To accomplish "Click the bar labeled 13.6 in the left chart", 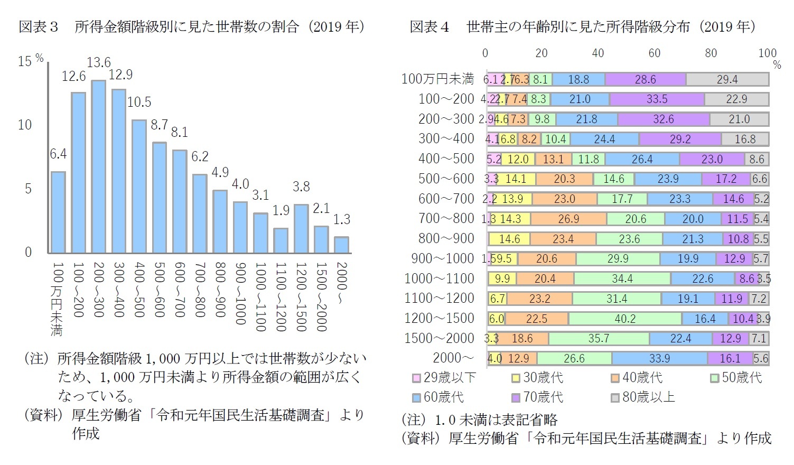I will point(98,166).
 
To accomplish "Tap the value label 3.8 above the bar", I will point(301,187).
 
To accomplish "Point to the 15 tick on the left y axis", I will point(25,62).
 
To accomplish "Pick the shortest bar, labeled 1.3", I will point(341,245).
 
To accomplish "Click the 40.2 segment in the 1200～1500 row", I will point(625,319).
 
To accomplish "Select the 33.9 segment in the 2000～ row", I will point(659,358).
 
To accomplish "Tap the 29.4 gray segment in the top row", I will point(727,79).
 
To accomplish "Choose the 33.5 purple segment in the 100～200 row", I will point(657,99).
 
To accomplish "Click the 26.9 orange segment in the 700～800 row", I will point(568,219).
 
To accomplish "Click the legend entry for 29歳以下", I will point(444,378).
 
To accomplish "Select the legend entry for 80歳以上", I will point(643,397).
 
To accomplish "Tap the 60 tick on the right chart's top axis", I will point(654,53).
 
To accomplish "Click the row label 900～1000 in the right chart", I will point(443,259).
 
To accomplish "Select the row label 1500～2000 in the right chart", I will point(439,338).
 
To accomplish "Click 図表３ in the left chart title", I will point(38,27).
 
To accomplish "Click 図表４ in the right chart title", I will point(429,27).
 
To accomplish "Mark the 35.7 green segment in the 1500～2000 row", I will point(599,338).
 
